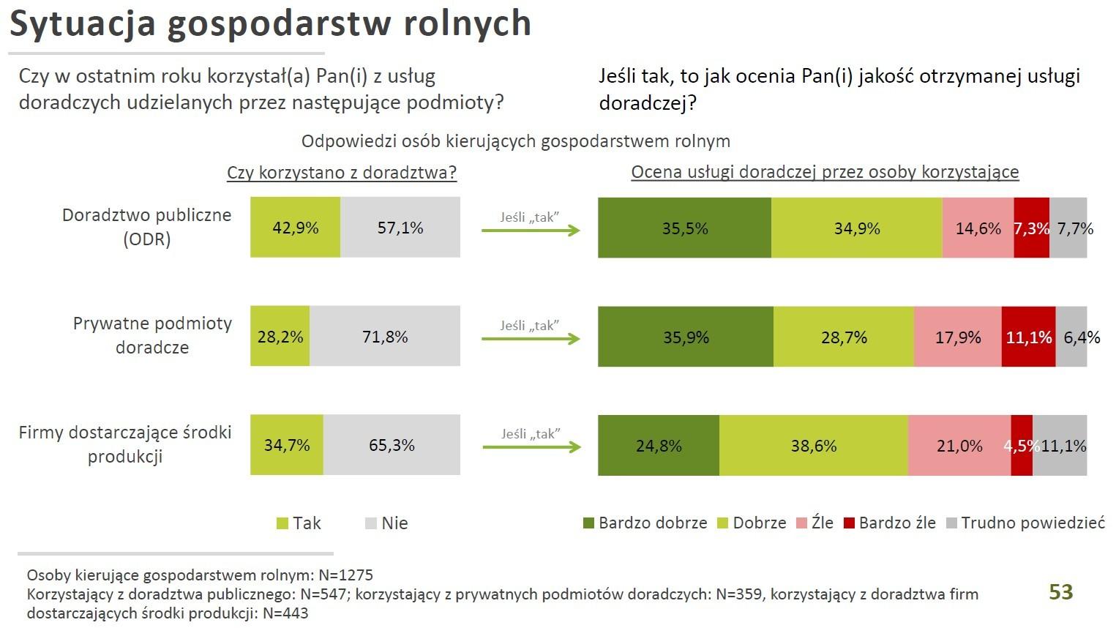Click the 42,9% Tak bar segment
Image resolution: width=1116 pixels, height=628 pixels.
coord(295,227)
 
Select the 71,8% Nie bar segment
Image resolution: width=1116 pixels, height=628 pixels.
coord(385,336)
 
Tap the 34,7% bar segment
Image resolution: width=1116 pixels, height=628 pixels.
coord(286,444)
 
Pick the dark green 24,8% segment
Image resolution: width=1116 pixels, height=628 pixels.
coord(659,445)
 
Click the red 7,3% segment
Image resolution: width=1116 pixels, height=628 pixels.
coord(1031,228)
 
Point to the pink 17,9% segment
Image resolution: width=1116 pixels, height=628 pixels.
coord(957,337)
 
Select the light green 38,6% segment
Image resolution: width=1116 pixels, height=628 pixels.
coord(813,445)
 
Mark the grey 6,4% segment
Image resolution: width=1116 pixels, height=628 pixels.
coord(1073,337)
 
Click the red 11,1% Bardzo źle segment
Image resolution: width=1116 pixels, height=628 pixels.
coord(1028,337)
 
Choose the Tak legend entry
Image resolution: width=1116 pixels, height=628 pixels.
coord(299,523)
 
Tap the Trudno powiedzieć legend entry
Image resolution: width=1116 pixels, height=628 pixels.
coord(1025,523)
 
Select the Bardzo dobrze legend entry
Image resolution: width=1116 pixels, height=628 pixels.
coord(645,523)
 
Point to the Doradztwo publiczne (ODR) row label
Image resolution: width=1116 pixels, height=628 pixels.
coord(146,227)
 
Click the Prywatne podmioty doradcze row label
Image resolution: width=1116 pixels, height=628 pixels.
coord(152,335)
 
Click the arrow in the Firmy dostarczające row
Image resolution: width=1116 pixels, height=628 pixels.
coord(531,446)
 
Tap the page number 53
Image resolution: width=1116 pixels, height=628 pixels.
coord(1060,591)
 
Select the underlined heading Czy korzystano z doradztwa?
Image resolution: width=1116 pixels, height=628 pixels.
coord(342,173)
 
